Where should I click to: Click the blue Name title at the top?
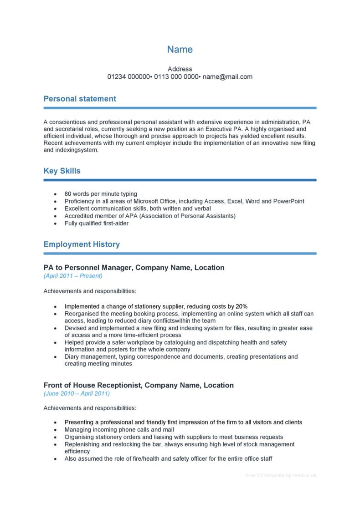pyautogui.click(x=180, y=50)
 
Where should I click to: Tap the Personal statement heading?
pyautogui.click(x=80, y=99)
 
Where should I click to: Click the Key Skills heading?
pyautogui.click(x=62, y=171)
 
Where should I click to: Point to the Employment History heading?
pyautogui.click(x=82, y=244)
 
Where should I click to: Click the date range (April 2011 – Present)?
pyautogui.click(x=73, y=276)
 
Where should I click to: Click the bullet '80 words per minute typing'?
pyautogui.click(x=101, y=193)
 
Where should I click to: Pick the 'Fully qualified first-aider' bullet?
pyautogui.click(x=97, y=224)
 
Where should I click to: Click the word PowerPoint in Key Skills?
pyautogui.click(x=288, y=201)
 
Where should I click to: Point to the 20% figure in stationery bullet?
pyautogui.click(x=241, y=306)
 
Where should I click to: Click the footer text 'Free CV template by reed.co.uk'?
pyautogui.click(x=281, y=475)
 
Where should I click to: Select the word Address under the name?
pyautogui.click(x=180, y=69)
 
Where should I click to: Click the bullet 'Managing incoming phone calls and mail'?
pyautogui.click(x=119, y=429)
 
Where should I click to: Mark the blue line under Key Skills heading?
pyautogui.click(x=180, y=180)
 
